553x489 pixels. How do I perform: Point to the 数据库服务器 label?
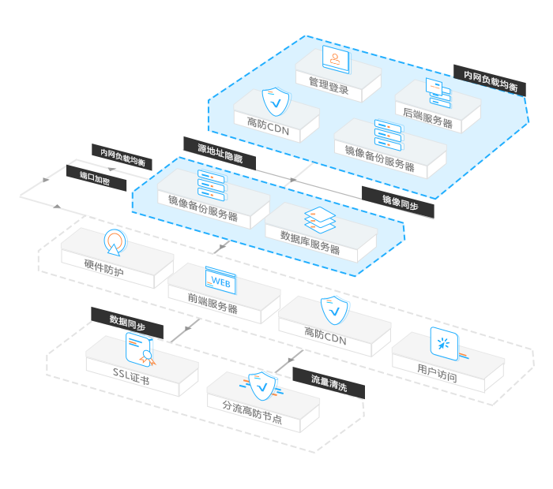pyautogui.click(x=304, y=242)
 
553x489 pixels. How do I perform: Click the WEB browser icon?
pyautogui.click(x=222, y=278)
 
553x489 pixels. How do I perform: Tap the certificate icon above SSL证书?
pyautogui.click(x=140, y=347)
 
